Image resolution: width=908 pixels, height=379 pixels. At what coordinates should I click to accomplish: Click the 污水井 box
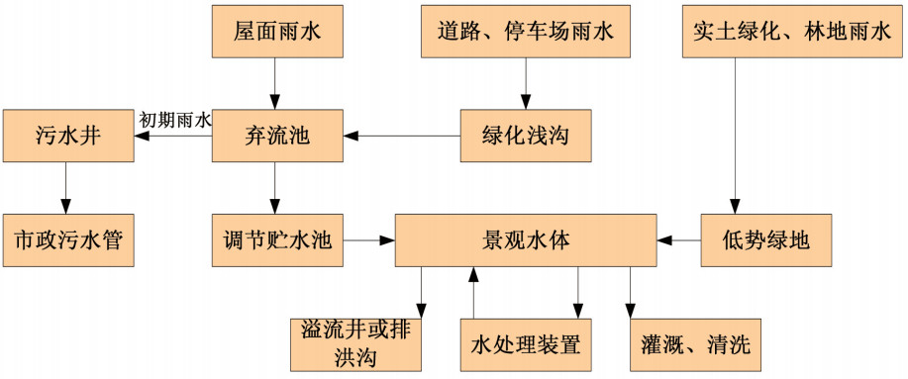pyautogui.click(x=67, y=136)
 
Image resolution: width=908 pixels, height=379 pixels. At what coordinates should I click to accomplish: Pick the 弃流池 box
pyautogui.click(x=276, y=136)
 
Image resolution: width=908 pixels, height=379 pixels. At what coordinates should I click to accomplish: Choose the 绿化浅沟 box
pyautogui.click(x=526, y=136)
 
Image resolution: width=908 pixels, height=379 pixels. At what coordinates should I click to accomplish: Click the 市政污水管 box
pyautogui.click(x=67, y=239)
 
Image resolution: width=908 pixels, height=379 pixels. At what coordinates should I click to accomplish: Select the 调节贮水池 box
pyautogui.click(x=276, y=239)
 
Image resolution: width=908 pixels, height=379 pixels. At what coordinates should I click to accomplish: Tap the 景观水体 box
pyautogui.click(x=526, y=239)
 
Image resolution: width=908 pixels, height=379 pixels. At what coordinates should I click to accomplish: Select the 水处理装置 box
pyautogui.click(x=526, y=345)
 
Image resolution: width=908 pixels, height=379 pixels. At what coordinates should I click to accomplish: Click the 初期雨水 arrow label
pyautogui.click(x=174, y=120)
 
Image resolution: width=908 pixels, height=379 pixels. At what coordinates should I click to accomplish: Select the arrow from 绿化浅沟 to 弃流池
pyautogui.click(x=401, y=136)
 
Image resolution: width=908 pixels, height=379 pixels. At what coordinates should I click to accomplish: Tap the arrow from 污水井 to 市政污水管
pyautogui.click(x=67, y=187)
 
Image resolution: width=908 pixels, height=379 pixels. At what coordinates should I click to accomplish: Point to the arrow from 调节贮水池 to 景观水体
pyautogui.click(x=367, y=239)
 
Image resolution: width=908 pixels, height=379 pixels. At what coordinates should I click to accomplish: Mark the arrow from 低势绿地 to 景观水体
pyautogui.click(x=679, y=239)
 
